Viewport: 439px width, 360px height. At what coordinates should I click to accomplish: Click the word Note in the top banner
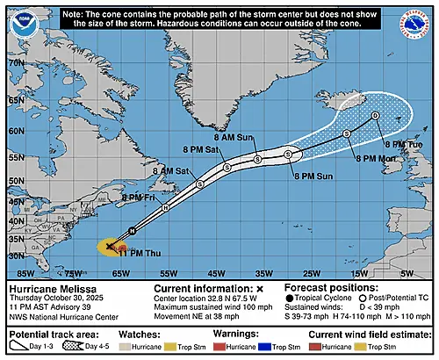click(x=77, y=16)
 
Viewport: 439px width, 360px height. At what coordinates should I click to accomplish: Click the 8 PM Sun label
click(x=306, y=176)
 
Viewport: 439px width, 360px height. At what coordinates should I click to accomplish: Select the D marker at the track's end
click(x=375, y=115)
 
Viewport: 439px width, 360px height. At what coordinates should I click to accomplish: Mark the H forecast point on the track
click(x=165, y=208)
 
